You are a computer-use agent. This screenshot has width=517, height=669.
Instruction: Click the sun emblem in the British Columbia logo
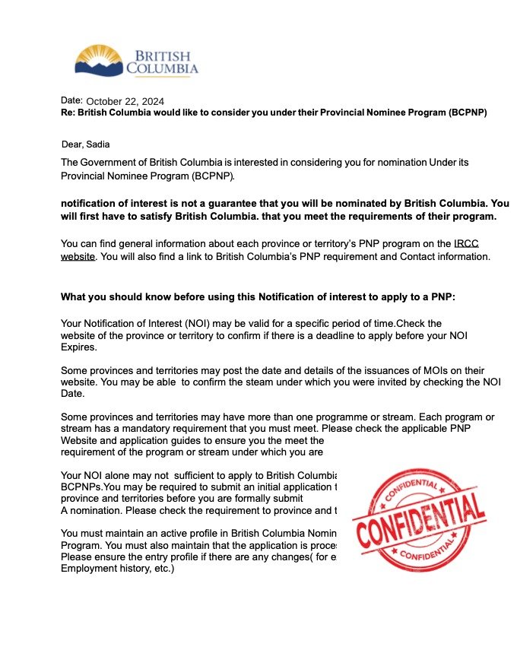[99, 55]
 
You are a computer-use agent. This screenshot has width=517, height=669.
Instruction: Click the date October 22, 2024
[125, 101]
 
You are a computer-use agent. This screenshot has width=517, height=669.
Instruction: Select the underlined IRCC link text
[465, 243]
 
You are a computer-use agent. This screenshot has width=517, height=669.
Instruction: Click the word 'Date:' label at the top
[71, 100]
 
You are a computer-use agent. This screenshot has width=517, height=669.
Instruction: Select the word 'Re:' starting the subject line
[68, 113]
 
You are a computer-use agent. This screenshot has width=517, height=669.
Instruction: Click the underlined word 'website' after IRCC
[78, 256]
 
